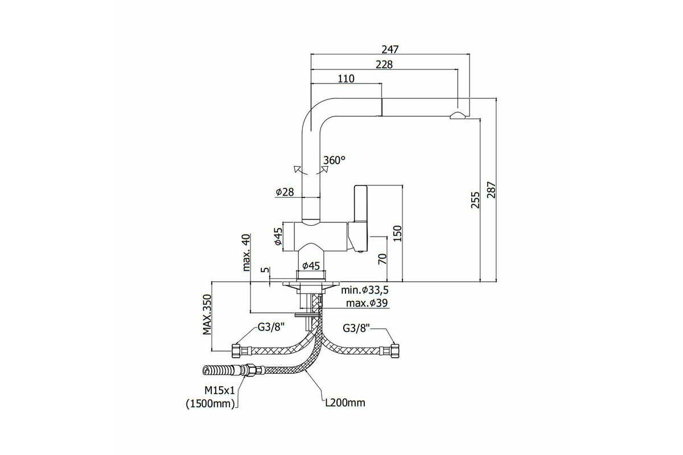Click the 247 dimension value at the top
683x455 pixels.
(x=390, y=49)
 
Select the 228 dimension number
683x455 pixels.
(x=384, y=65)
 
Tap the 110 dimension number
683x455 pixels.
(x=346, y=78)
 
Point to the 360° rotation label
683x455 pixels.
(x=334, y=160)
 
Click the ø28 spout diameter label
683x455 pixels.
(x=285, y=192)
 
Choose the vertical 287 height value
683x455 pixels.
(x=491, y=189)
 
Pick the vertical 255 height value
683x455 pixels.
(x=475, y=200)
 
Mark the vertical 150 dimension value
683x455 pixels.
(x=397, y=233)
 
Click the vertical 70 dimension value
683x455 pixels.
(x=382, y=259)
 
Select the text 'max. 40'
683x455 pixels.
(x=246, y=253)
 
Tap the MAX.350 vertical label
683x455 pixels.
(x=207, y=314)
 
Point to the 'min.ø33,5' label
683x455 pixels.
(x=365, y=290)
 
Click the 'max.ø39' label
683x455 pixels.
(x=367, y=303)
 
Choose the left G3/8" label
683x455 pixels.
(x=271, y=327)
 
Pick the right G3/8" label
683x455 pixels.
(x=356, y=328)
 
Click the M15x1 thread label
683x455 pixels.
(x=220, y=390)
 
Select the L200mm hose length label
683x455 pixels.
(x=345, y=403)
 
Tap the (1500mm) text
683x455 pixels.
(x=211, y=404)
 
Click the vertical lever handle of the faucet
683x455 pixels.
(x=360, y=203)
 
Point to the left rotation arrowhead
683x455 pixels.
(x=297, y=169)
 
